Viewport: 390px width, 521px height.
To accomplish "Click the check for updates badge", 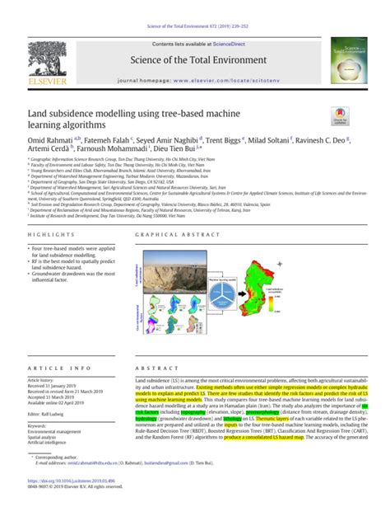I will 339,115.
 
